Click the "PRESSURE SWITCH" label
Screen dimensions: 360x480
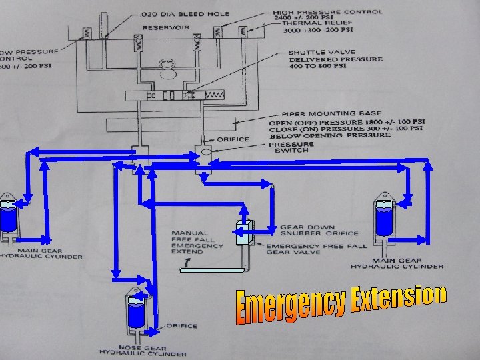click(x=291, y=147)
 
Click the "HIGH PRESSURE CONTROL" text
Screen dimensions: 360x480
click(x=328, y=12)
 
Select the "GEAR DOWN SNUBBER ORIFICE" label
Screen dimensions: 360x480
click(x=319, y=231)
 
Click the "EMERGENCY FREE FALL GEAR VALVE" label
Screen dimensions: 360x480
click(x=317, y=250)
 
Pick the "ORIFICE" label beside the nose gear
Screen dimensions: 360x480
click(x=181, y=326)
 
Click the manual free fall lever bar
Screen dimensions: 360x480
click(x=212, y=269)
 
